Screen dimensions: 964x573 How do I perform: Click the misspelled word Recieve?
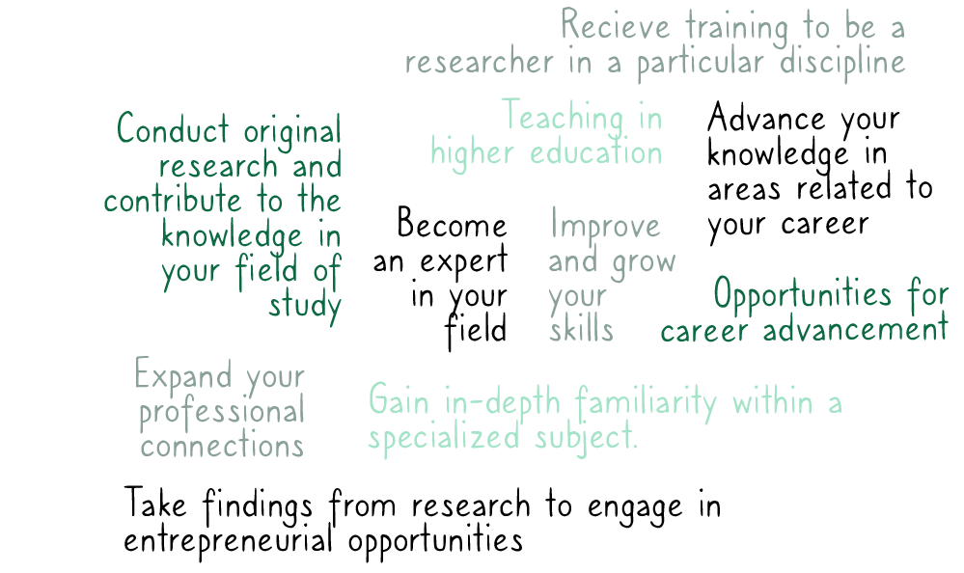(616, 26)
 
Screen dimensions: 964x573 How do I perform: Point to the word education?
(595, 151)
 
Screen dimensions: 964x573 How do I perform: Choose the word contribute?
(173, 201)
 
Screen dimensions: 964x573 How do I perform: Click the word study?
(305, 306)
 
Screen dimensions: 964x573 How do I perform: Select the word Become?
(452, 223)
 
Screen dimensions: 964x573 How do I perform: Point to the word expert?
(464, 260)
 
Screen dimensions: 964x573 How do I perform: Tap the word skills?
(581, 329)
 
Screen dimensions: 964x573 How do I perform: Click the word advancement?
(856, 329)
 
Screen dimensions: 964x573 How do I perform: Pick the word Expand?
(183, 375)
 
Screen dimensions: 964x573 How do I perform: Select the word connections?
(222, 446)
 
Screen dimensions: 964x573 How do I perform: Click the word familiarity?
(647, 402)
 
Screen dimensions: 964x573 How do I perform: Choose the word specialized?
(444, 439)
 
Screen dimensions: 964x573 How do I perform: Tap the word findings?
(259, 506)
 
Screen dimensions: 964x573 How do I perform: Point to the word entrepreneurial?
(228, 541)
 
